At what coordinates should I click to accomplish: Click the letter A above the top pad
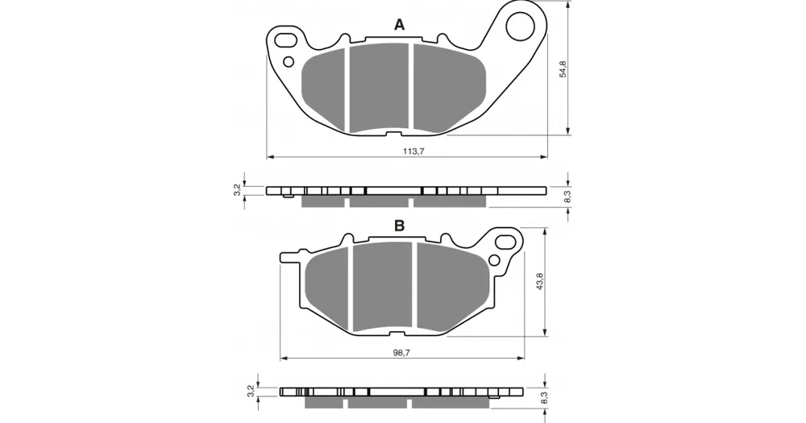400,24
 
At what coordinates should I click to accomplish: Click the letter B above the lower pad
400,226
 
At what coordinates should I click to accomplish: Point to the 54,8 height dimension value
563,68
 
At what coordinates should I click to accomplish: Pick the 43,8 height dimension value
539,282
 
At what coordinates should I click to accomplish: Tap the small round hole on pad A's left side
289,62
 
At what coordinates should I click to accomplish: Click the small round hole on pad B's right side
495,259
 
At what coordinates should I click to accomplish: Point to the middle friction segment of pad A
380,87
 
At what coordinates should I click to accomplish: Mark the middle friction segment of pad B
383,287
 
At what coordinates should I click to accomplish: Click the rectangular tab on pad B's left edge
289,257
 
